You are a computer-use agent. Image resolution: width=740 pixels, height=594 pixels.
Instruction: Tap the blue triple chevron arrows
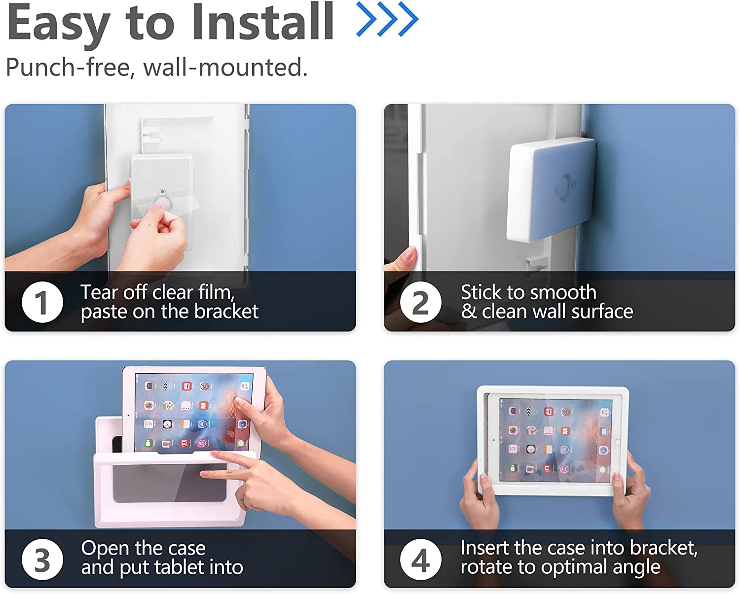pyautogui.click(x=387, y=19)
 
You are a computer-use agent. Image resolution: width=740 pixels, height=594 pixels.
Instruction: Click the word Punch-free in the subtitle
pyautogui.click(x=69, y=68)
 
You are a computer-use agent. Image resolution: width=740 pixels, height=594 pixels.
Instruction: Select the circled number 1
pyautogui.click(x=42, y=302)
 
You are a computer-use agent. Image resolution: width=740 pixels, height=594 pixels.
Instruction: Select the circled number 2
pyautogui.click(x=420, y=302)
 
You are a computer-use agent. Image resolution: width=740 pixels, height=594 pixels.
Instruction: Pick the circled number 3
pyautogui.click(x=42, y=559)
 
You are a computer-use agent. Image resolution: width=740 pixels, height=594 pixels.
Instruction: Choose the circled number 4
pyautogui.click(x=420, y=559)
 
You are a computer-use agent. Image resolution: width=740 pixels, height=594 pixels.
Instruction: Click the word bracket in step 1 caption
pyautogui.click(x=226, y=311)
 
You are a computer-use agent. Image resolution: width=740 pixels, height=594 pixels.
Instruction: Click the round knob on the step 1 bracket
pyautogui.click(x=163, y=202)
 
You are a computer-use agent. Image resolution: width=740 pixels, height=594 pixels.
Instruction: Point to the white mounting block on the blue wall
pyautogui.click(x=551, y=190)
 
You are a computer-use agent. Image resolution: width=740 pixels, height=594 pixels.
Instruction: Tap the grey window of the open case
pyautogui.click(x=170, y=483)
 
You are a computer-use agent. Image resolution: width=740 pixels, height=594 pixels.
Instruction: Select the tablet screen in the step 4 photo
pyautogui.click(x=555, y=440)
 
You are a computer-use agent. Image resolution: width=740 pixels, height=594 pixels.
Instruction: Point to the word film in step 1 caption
pyautogui.click(x=216, y=292)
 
